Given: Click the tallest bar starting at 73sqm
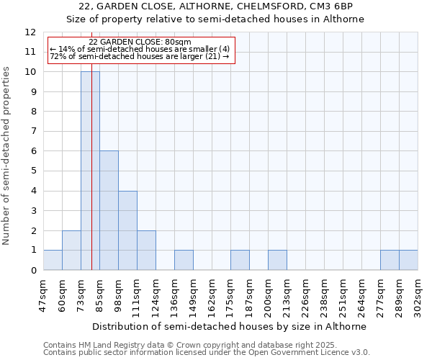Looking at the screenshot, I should pos(90,171).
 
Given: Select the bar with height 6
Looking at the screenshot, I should pos(109,210).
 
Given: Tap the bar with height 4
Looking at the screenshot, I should pos(127,230).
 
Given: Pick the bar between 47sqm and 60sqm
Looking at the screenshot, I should pos(53,260).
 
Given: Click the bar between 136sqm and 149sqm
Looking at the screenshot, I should pos(184,260).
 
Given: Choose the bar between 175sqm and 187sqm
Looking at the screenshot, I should pos(240,260).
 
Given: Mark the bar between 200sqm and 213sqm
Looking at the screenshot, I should pos(277,260).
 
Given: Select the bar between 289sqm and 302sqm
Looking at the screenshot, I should pos(408,260).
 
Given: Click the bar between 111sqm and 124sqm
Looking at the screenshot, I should pos(146,250).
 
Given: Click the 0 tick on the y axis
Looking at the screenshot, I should pos(33,270).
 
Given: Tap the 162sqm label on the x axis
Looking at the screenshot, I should pos(212,294).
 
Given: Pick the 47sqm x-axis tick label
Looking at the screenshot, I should pos(43,294).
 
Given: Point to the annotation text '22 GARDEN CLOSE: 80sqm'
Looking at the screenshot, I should pos(140,42).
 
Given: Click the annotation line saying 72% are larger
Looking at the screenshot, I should pos(140,55).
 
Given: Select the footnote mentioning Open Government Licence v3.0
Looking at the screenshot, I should pos(207,353).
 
